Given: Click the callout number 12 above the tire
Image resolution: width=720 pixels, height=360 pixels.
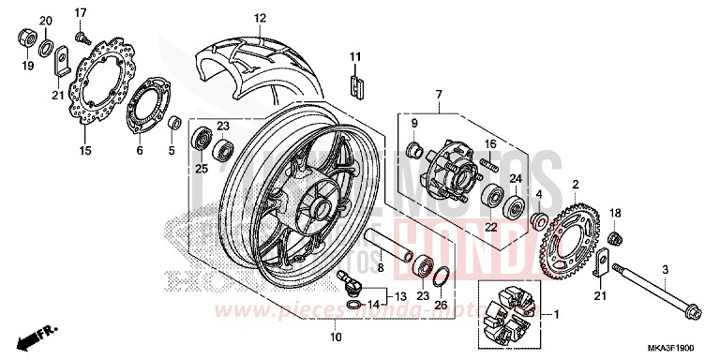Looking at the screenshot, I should pos(260,18).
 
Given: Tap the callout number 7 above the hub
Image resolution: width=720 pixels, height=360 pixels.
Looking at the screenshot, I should pos(437,96).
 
